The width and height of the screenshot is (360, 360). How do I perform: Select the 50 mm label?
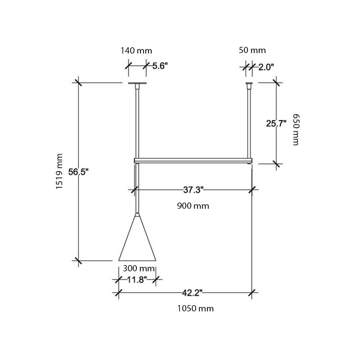coord(252,50)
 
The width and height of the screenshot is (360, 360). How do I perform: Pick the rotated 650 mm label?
coord(296,129)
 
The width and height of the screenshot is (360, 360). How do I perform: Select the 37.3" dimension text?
coord(193,190)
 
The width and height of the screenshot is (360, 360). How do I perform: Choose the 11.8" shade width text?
coord(137,280)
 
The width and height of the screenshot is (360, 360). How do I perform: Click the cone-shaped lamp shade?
coord(137,243)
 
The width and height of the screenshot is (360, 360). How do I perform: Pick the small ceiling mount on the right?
coord(249,84)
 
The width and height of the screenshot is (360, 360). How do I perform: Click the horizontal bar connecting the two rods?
coord(193,160)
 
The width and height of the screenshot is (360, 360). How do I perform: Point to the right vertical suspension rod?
coord(249,121)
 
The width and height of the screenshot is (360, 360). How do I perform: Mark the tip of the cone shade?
coord(137,213)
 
